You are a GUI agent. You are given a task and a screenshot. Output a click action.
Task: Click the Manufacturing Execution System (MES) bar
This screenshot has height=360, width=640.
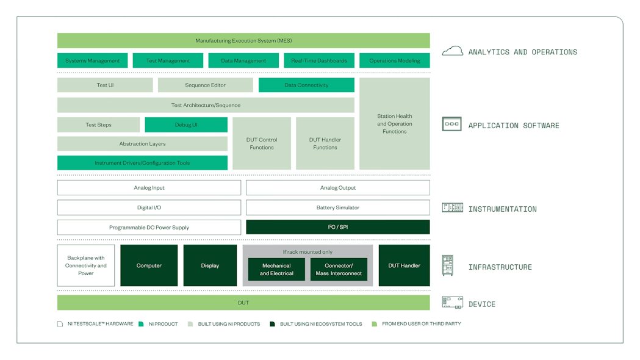pyautogui.click(x=243, y=41)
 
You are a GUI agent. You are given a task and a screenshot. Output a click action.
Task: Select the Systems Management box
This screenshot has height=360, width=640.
pyautogui.click(x=92, y=60)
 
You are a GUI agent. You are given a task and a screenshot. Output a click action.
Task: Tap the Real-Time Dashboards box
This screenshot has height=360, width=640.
pyautogui.click(x=319, y=60)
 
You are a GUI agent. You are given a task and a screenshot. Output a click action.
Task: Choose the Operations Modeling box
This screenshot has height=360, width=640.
pyautogui.click(x=394, y=60)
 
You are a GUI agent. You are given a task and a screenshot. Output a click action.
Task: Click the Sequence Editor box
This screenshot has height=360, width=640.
pyautogui.click(x=205, y=85)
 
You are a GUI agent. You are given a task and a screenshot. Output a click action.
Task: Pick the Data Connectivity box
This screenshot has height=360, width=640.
pyautogui.click(x=306, y=85)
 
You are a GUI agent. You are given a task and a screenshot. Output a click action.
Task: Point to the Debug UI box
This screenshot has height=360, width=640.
pyautogui.click(x=186, y=124)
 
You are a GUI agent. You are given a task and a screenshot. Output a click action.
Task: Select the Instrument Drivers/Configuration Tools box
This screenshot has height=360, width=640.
pyautogui.click(x=142, y=163)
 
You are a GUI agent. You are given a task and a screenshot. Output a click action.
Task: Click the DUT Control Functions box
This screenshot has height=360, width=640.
pyautogui.click(x=262, y=143)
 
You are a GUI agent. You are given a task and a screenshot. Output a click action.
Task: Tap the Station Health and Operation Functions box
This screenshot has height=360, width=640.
pyautogui.click(x=394, y=123)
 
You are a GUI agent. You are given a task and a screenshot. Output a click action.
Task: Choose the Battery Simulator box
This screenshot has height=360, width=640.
pyautogui.click(x=337, y=207)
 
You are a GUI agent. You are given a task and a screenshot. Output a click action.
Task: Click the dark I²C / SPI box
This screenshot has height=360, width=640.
pyautogui.click(x=337, y=227)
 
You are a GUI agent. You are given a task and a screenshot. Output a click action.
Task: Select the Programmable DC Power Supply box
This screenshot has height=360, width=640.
pyautogui.click(x=149, y=227)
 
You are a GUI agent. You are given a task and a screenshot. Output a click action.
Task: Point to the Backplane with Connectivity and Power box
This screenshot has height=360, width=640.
pyautogui.click(x=86, y=265)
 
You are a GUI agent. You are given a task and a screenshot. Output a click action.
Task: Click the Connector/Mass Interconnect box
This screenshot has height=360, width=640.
pyautogui.click(x=339, y=270)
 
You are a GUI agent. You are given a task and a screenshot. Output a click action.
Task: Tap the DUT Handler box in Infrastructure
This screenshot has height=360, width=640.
pyautogui.click(x=404, y=265)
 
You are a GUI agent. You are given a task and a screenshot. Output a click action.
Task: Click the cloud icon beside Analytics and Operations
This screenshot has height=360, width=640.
pyautogui.click(x=452, y=51)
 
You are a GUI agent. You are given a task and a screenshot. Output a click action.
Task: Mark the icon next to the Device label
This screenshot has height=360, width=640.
pyautogui.click(x=452, y=302)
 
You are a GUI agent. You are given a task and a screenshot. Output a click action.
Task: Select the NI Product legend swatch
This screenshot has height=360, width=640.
pyautogui.click(x=142, y=324)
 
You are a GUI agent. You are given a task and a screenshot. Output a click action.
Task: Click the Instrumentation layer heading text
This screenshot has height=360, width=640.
pyautogui.click(x=502, y=209)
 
